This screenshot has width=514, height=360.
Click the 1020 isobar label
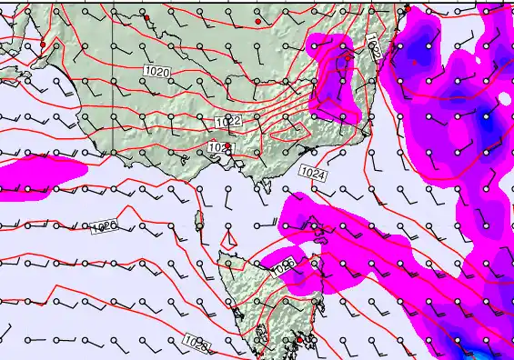(x=156, y=69)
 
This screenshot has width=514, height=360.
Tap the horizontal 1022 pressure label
(x=228, y=121)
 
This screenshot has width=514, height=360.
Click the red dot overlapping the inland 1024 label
(x=227, y=145)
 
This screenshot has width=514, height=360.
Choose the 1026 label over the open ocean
(x=105, y=226)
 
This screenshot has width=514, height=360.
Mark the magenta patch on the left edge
(x=36, y=175)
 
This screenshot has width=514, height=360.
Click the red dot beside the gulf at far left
(x=43, y=44)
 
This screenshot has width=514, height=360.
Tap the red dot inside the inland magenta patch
(x=348, y=57)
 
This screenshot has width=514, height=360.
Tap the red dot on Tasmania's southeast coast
(x=299, y=340)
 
